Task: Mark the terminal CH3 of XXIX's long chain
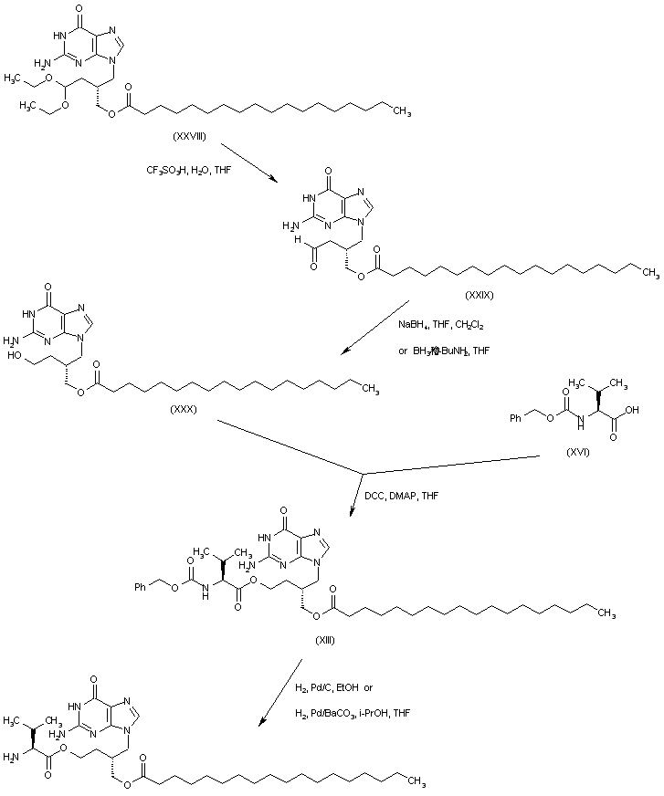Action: click(x=648, y=271)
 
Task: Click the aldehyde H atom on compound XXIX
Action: click(x=298, y=244)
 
